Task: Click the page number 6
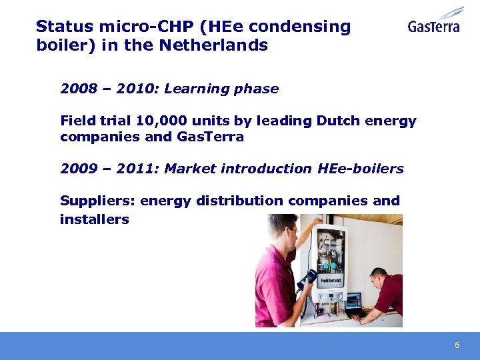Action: pyautogui.click(x=457, y=345)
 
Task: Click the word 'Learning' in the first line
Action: pyautogui.click(x=193, y=89)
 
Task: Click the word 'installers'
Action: pyautogui.click(x=94, y=219)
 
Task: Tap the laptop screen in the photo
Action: pyautogui.click(x=353, y=301)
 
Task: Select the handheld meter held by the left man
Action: pyautogui.click(x=308, y=278)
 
